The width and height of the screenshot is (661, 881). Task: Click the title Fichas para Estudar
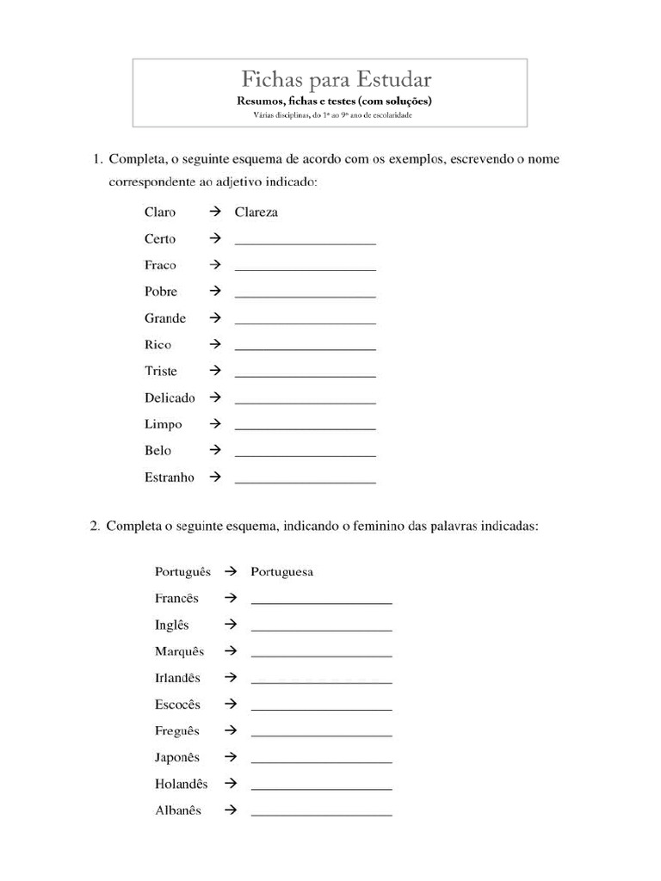[336, 80]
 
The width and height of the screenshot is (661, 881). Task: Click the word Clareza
[256, 212]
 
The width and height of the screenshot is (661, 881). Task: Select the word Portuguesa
[281, 571]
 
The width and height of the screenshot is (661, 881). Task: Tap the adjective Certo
[160, 238]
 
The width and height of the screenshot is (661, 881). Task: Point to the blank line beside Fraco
[305, 269]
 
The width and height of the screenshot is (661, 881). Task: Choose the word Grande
[165, 318]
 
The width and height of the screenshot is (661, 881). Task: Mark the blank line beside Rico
[305, 349]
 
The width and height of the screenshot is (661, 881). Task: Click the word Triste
[161, 371]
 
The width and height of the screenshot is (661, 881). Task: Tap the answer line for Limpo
[305, 428]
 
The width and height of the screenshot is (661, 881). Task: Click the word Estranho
[170, 477]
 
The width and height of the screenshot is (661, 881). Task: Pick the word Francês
[176, 598]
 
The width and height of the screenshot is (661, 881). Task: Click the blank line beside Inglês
[321, 630]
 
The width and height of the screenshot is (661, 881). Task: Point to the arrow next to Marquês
[230, 650]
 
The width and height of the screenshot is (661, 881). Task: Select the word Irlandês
[177, 678]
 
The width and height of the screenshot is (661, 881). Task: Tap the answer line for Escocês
[321, 710]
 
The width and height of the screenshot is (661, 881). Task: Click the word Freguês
[177, 730]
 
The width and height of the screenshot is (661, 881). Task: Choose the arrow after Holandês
[230, 784]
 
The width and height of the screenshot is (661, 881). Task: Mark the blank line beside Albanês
[321, 815]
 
